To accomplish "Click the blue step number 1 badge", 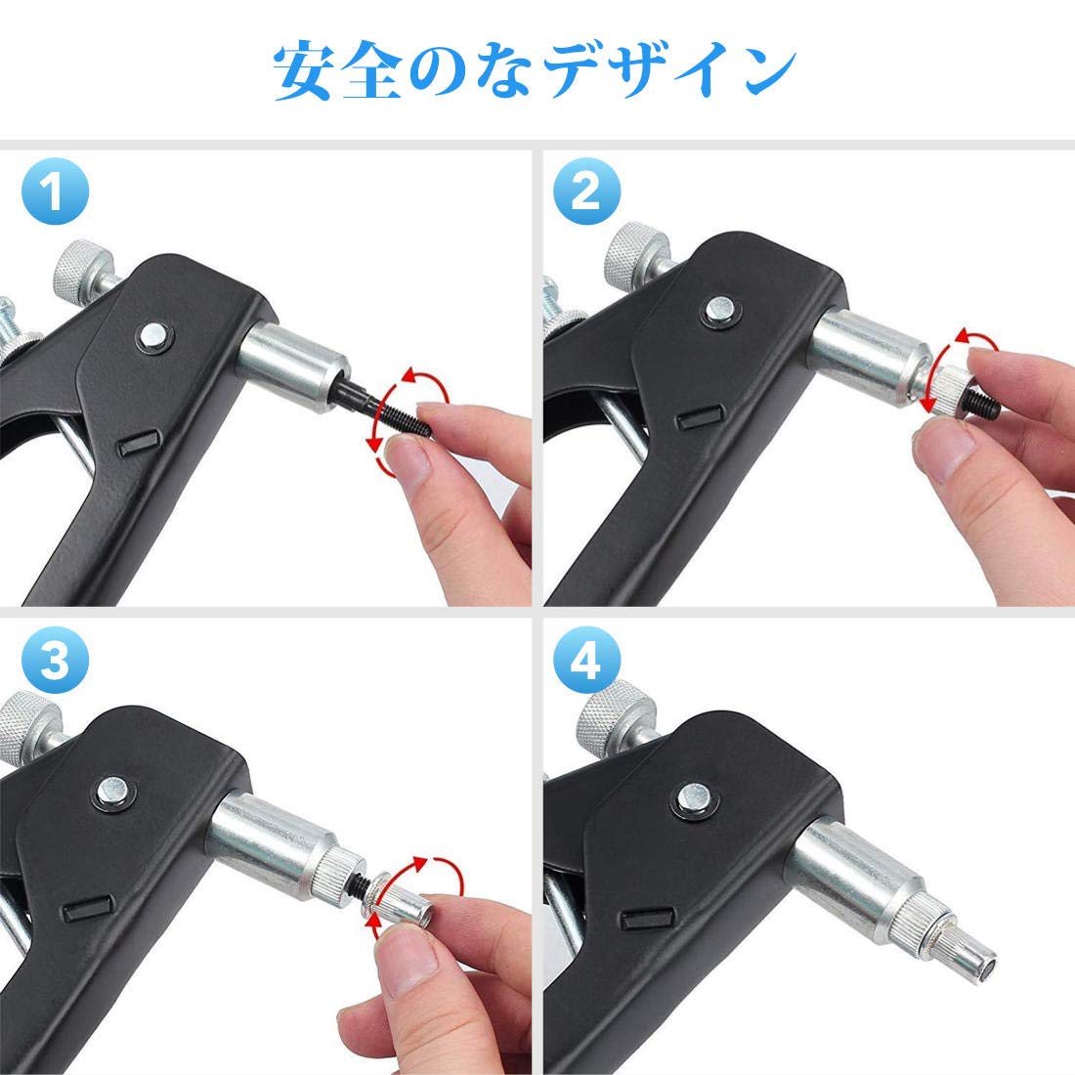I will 55,192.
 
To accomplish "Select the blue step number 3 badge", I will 55,663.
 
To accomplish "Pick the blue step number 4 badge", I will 586,663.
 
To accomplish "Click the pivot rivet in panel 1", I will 153,335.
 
